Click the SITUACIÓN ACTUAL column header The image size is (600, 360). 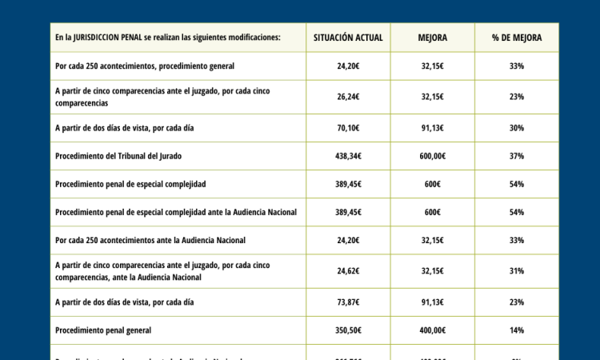point(348,38)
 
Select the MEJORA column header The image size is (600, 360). point(432,38)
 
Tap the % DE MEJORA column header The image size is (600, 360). point(516,38)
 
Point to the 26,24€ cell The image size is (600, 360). point(348,97)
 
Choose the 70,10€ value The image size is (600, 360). point(348,128)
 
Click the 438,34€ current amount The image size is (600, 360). point(348,156)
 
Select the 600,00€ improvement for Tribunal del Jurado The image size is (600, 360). point(432,156)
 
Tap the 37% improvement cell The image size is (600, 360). point(516,156)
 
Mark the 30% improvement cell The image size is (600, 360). point(516,128)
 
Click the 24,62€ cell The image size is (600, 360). point(348,271)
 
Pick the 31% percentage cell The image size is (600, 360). point(516,271)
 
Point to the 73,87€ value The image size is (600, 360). point(348,302)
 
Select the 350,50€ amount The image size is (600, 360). point(348,330)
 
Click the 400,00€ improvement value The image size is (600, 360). point(432,330)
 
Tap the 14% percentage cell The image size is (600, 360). point(516,330)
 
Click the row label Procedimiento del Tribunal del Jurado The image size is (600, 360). point(123,156)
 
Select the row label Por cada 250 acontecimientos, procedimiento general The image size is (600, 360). point(145,66)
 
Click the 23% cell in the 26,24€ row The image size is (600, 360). point(516,97)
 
